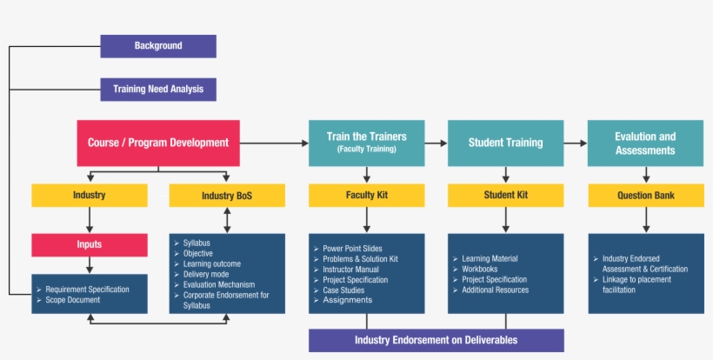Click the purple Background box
(158, 46)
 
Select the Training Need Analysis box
(158, 90)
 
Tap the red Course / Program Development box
(158, 143)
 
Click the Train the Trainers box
(366, 143)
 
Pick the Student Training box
(505, 143)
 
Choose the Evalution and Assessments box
(645, 143)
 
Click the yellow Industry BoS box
(227, 196)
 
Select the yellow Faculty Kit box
(366, 196)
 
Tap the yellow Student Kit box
(505, 196)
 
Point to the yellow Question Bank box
(645, 196)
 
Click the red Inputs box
(89, 245)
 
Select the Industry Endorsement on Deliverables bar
(436, 340)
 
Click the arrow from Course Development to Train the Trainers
(274, 143)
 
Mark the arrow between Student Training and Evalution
(576, 143)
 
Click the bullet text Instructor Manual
(350, 270)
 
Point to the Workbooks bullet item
(479, 270)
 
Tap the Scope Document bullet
(72, 300)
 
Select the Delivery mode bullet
(206, 274)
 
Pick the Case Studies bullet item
(343, 290)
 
